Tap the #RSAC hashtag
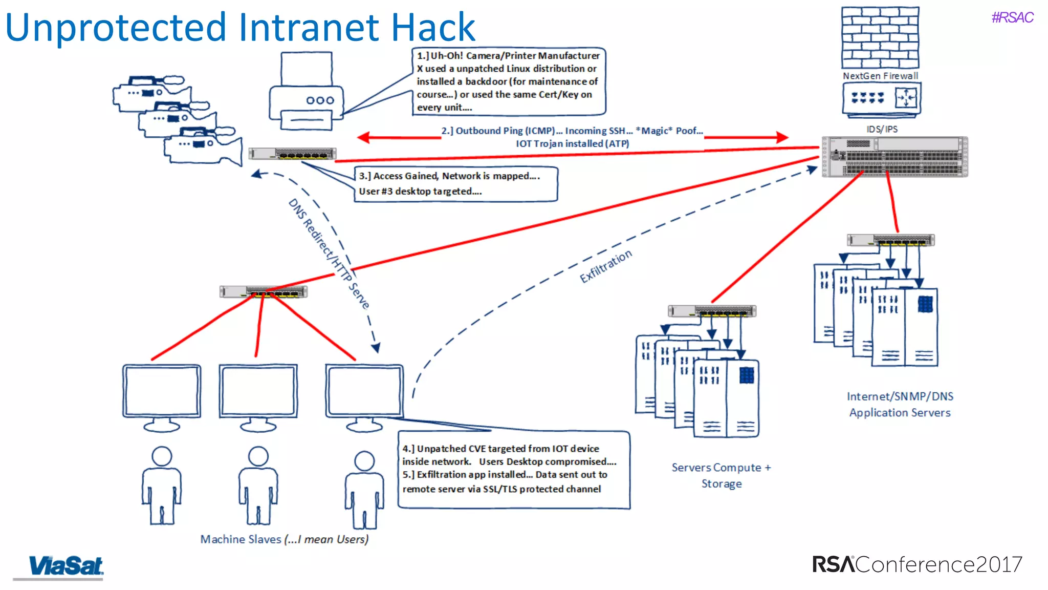1012,17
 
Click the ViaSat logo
65,566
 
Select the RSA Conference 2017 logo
917,564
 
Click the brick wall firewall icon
880,38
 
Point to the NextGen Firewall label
880,76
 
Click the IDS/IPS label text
882,129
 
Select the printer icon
306,92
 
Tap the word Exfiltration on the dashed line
605,266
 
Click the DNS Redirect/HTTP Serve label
329,254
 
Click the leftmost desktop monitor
162,392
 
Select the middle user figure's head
258,456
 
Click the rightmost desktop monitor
364,392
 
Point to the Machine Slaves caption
284,539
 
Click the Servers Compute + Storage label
721,475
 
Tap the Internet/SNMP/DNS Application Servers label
900,405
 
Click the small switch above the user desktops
263,292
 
